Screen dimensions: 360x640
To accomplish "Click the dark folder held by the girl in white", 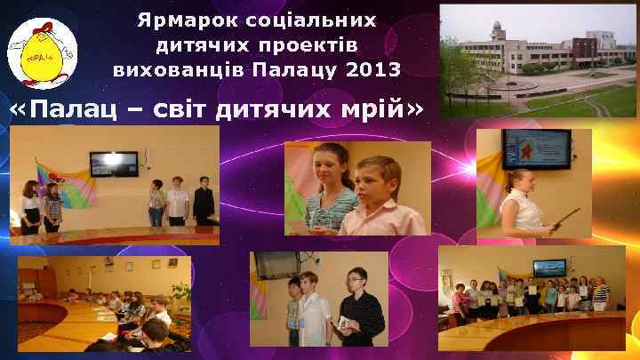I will tap(565, 219).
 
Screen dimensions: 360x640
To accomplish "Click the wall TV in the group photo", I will tap(548, 267).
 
